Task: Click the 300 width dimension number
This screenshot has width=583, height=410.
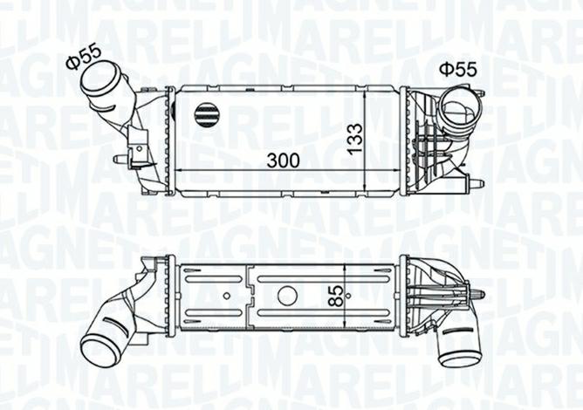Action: click(284, 160)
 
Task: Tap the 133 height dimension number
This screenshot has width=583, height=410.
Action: click(355, 140)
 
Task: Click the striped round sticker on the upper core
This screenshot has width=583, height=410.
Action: click(207, 113)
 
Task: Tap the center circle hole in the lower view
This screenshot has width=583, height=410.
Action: click(287, 295)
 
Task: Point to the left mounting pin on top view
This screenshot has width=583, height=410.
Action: click(120, 160)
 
